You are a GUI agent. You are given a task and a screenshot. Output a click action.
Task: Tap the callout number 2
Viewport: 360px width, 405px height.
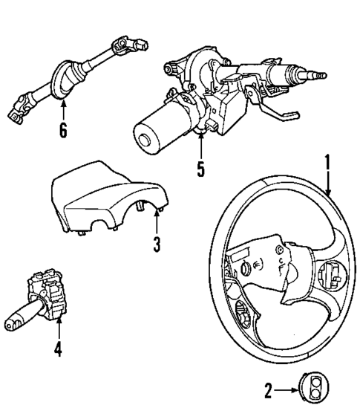point(269,387)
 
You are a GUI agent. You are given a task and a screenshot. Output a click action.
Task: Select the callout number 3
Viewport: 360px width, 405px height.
point(157,244)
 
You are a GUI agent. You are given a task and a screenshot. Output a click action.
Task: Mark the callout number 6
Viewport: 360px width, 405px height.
point(63,132)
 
